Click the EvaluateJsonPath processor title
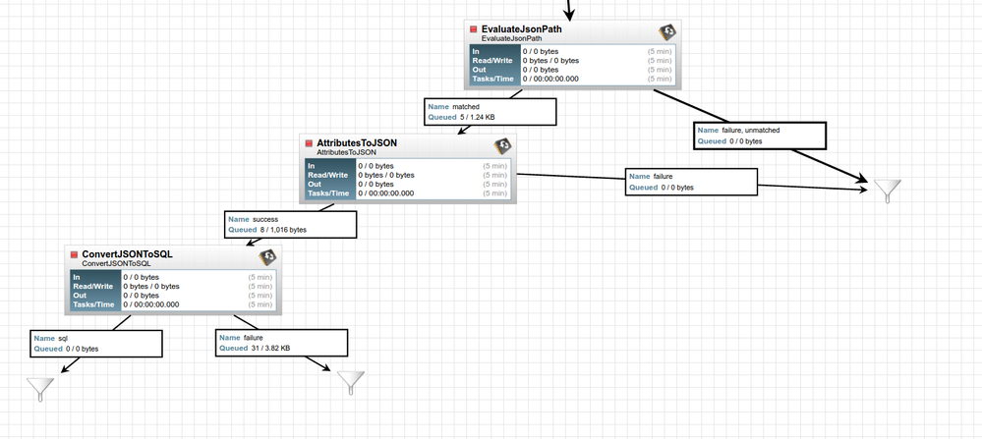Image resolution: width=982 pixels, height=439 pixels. coord(522,28)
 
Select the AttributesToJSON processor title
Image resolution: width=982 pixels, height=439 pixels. coord(357,142)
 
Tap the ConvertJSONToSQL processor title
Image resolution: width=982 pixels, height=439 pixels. coord(127,253)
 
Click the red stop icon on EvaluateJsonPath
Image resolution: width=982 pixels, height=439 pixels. coord(473,29)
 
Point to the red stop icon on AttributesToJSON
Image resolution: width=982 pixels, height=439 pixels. coord(309,143)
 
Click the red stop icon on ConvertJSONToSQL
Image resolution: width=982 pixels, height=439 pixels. coord(74,254)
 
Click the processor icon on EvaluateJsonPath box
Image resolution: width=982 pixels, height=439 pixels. coord(666,31)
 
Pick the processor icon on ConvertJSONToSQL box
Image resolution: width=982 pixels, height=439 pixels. coord(267,257)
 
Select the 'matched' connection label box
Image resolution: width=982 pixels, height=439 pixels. coord(491,111)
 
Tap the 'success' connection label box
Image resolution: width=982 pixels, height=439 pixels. coord(290,224)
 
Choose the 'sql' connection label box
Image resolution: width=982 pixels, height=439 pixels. coord(95,343)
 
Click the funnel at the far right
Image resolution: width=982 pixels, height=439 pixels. coord(888,189)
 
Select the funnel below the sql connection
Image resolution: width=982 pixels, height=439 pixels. coord(40,389)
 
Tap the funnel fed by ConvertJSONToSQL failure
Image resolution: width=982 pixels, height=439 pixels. coord(351,381)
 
